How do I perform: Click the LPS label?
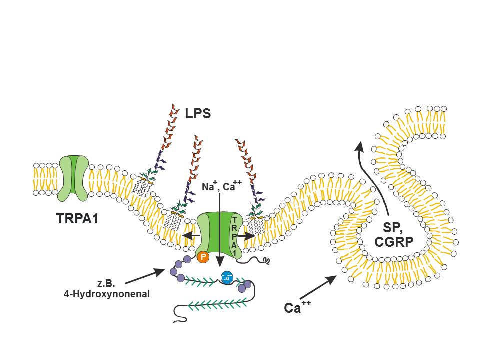(x=197, y=114)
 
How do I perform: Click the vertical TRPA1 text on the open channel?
(x=235, y=235)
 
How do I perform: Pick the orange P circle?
(x=203, y=257)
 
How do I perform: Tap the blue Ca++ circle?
(x=227, y=277)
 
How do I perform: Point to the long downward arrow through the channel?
(x=220, y=230)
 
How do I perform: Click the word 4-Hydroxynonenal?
(x=107, y=294)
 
